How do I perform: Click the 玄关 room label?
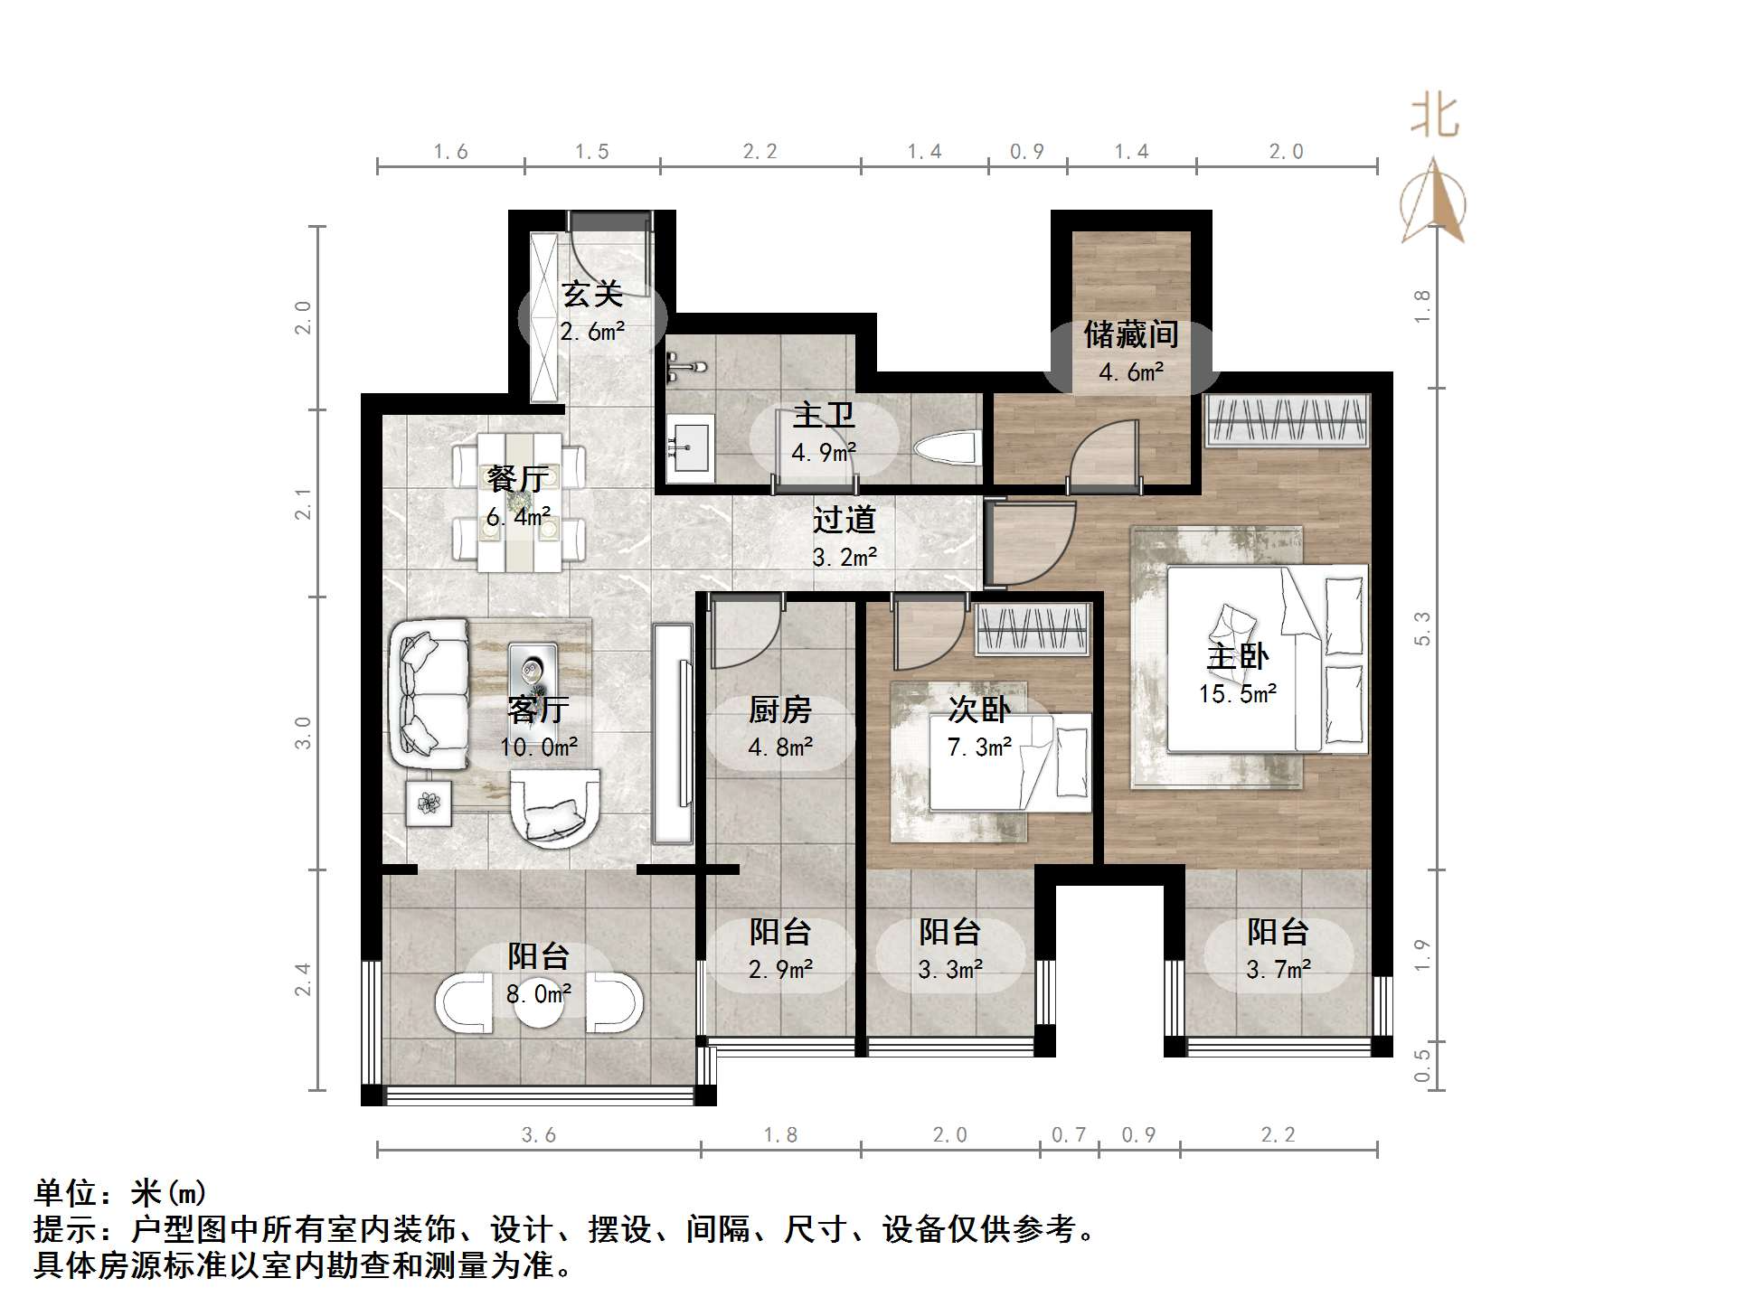592,295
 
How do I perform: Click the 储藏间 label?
1131,334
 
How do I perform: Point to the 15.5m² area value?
1237,694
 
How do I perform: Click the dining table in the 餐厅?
519,502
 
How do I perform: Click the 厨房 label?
779,710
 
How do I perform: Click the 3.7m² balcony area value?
1278,970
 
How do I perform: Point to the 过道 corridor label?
844,520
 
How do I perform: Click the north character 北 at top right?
1434,117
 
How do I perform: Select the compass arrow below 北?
1433,203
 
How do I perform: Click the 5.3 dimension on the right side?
1422,628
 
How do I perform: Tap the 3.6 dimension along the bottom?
539,1135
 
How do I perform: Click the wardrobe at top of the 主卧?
1287,420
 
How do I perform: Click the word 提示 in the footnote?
65,1230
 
